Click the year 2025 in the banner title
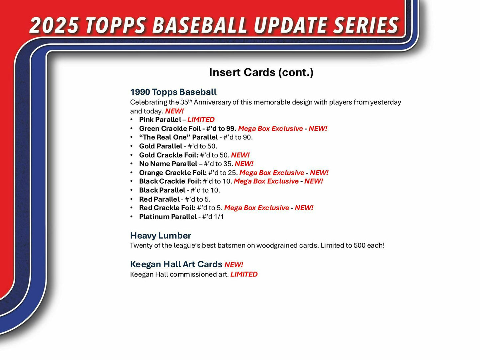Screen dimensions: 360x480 54,25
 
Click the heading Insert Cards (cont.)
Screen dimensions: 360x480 261,72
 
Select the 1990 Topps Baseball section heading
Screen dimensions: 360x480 173,92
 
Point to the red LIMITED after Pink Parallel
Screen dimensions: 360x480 201,120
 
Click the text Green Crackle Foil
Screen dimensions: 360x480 170,129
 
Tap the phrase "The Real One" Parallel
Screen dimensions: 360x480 178,137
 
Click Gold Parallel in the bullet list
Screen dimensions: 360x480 161,146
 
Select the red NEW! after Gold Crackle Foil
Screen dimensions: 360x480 240,155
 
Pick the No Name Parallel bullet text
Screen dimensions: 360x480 168,164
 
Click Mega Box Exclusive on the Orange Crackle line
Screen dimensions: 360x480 272,173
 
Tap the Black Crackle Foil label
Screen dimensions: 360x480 170,181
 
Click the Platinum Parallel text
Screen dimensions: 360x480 168,217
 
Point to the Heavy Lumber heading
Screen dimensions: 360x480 160,235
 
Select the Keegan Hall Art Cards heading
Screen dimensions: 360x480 176,264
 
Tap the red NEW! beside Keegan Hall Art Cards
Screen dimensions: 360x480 234,265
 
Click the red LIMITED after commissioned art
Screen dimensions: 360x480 244,274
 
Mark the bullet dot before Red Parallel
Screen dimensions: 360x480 132,199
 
